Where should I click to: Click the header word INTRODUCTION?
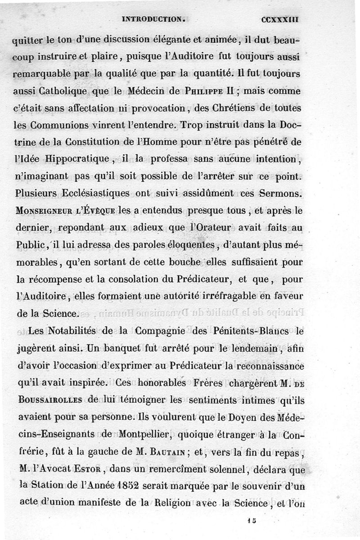click(x=153, y=19)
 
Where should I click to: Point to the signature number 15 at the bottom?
click(x=252, y=520)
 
